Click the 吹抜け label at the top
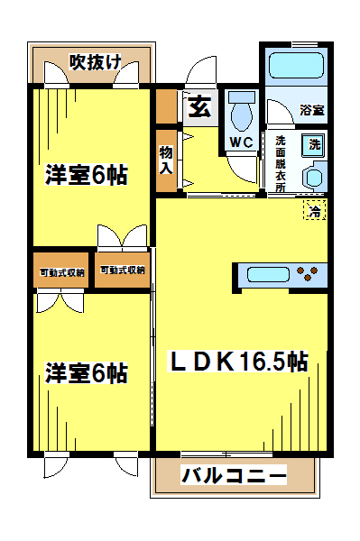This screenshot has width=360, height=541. point(96,62)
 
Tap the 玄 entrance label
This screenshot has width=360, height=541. point(199,107)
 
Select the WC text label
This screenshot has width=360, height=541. point(241,142)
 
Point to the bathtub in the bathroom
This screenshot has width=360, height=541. point(297,65)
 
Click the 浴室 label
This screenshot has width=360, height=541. point(311,110)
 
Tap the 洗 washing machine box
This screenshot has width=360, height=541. point(314,144)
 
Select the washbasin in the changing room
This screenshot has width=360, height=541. point(315,177)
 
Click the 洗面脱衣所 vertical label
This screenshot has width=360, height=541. point(281,164)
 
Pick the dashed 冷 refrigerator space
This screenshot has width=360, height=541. point(315,210)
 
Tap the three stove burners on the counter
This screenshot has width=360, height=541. point(307,273)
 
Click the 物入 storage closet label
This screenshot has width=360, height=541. point(166,160)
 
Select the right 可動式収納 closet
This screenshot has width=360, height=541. point(123,270)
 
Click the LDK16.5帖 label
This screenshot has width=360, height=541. point(238,361)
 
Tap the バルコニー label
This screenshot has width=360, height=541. point(234,475)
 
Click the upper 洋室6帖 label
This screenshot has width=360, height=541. point(87,175)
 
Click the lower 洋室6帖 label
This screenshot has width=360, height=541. point(87,372)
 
